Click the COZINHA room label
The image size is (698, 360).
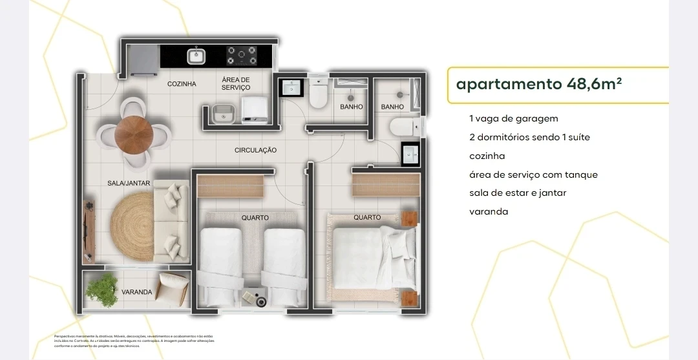pos(182,84)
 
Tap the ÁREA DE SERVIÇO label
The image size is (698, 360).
pos(235,83)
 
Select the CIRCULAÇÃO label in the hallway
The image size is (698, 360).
pos(255,150)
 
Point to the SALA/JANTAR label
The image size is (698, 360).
pos(129,184)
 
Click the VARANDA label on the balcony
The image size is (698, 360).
pos(137,292)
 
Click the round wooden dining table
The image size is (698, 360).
pos(134,133)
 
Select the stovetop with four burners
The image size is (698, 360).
pos(241,56)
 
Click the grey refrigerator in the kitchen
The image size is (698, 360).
pos(142,60)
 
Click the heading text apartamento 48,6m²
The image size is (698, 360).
pos(539,84)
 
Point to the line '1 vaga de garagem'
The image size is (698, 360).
pos(514,119)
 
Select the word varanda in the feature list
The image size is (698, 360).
pos(489,211)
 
